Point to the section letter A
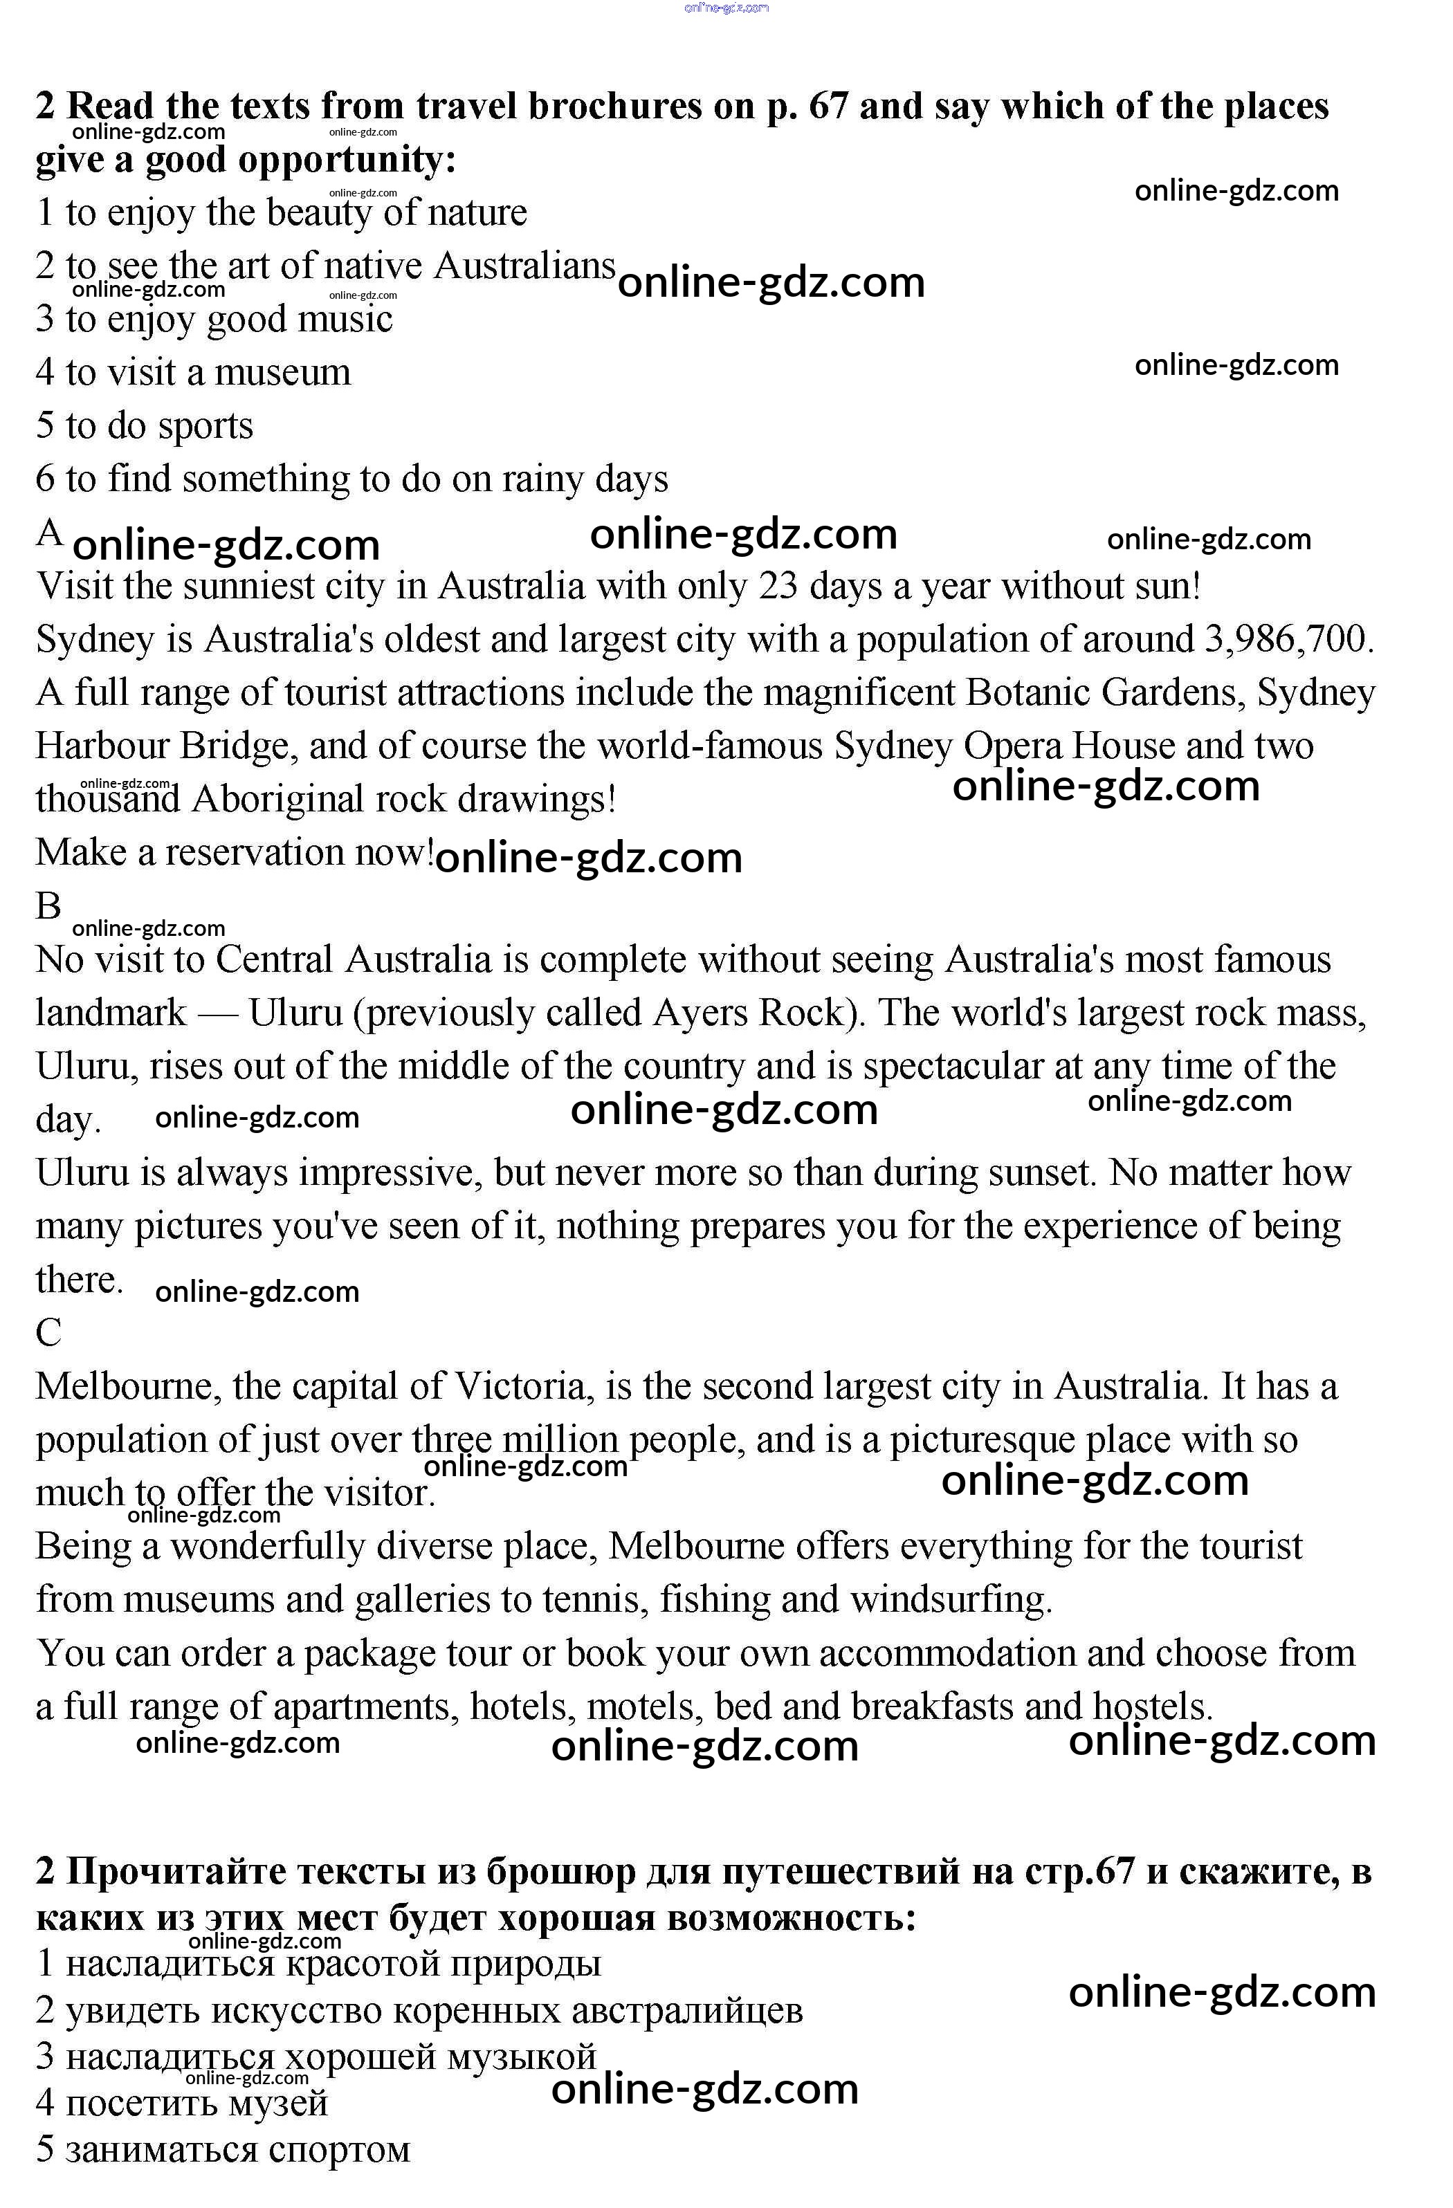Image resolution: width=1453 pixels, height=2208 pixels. [49, 533]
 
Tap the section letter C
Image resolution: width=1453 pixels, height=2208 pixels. [48, 1333]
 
